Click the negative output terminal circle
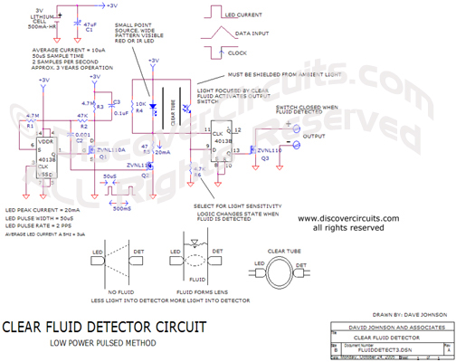click(x=299, y=143)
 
